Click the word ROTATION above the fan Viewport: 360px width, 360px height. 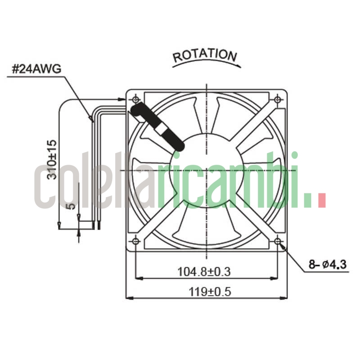tap(205, 55)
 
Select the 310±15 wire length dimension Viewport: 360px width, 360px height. tap(52, 160)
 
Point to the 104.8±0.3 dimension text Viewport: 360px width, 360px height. tap(204, 271)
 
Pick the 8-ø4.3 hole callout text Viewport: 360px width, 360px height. tap(328, 265)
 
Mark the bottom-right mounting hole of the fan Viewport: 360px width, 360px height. tap(277, 241)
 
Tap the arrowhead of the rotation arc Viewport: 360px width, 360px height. tap(238, 66)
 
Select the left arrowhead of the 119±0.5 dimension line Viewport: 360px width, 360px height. tap(128, 297)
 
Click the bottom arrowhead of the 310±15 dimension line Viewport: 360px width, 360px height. tap(59, 225)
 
